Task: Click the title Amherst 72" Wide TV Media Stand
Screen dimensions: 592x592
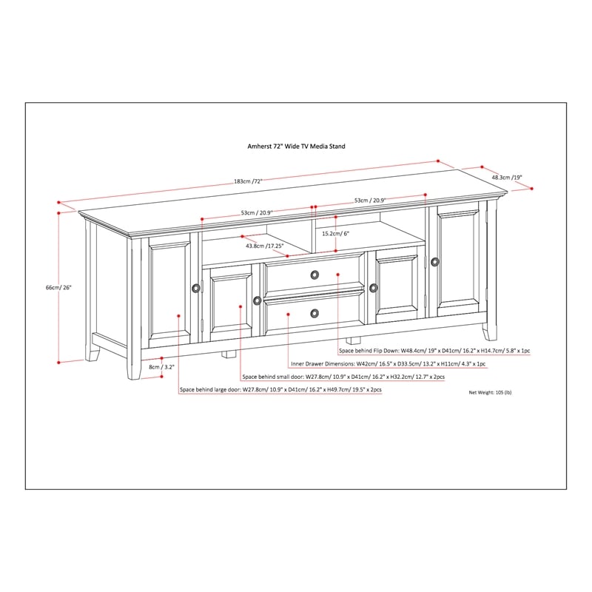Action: point(296,147)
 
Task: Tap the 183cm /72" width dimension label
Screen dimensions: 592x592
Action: point(249,181)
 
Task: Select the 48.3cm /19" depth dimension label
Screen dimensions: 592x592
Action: point(507,178)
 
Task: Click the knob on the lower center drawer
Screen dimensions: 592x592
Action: point(314,313)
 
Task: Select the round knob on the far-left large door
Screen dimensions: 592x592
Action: point(195,287)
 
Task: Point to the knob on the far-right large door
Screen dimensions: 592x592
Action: point(434,261)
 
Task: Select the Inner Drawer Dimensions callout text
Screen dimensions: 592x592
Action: point(388,364)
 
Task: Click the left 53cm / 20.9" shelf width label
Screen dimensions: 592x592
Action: point(256,213)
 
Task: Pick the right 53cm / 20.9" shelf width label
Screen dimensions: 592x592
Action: point(369,201)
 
